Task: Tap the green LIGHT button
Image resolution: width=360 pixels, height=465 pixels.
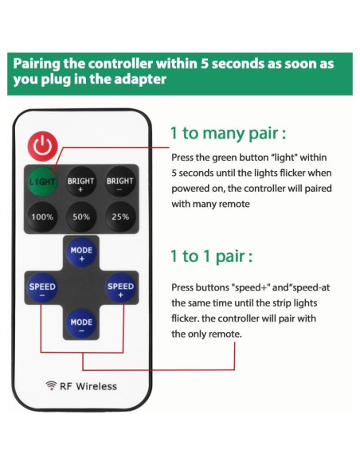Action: click(42, 182)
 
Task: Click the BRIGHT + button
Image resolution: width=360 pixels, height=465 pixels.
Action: click(80, 182)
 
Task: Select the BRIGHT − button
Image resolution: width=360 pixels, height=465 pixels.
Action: click(119, 182)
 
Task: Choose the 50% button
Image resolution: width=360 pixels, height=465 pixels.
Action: click(81, 217)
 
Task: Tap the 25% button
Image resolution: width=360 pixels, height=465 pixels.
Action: click(120, 217)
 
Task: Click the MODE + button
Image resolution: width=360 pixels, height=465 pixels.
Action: click(81, 252)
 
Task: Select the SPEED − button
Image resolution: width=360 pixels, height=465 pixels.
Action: click(42, 287)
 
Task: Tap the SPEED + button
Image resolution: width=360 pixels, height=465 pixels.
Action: click(120, 287)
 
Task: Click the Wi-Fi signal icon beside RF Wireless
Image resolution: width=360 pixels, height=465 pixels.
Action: click(51, 385)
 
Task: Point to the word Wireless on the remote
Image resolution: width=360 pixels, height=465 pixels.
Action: click(96, 386)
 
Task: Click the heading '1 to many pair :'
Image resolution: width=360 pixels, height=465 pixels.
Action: click(228, 134)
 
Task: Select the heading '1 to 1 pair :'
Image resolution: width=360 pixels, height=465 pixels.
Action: click(211, 256)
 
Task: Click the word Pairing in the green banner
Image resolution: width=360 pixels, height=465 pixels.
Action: click(37, 64)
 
